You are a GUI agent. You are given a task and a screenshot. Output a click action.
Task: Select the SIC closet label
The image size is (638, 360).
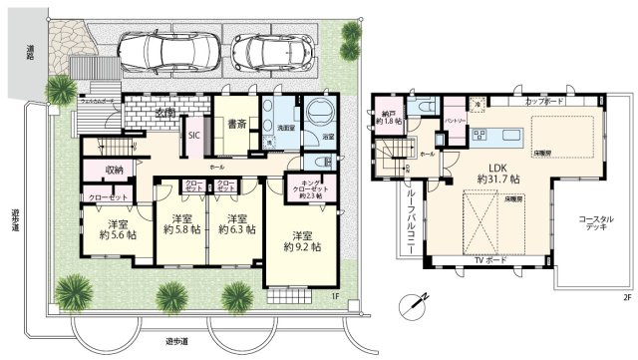tap(192, 137)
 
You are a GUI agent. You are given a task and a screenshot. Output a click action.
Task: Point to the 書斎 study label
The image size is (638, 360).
tap(237, 127)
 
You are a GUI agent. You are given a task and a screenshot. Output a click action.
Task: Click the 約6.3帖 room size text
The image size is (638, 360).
tap(236, 228)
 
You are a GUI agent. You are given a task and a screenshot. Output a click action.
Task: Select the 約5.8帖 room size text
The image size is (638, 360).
tap(182, 228)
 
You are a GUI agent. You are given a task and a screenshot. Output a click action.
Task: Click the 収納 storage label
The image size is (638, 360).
tap(116, 171)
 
